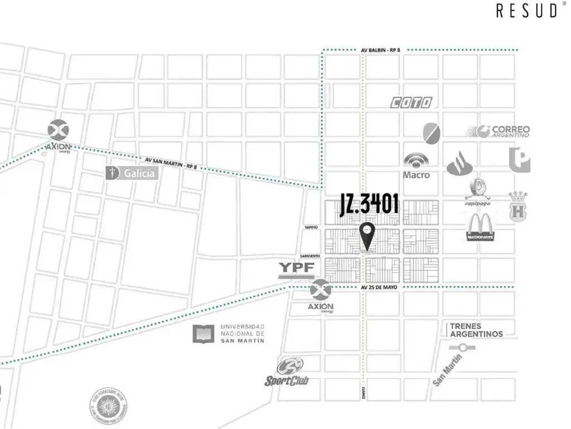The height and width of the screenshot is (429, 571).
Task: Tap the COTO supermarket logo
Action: [411, 102]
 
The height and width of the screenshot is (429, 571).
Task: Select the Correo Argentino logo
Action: [498, 131]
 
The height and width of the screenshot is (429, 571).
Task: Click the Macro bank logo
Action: [417, 166]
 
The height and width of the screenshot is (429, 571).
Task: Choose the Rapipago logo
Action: [478, 193]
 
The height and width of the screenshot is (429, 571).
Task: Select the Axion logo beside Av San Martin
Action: [58, 136]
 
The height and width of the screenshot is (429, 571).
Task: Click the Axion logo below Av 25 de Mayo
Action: [320, 297]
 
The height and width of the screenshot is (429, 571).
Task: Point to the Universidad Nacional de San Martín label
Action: [229, 333]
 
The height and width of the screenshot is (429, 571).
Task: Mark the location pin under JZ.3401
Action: [367, 236]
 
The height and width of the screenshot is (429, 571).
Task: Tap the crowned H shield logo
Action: [517, 206]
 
